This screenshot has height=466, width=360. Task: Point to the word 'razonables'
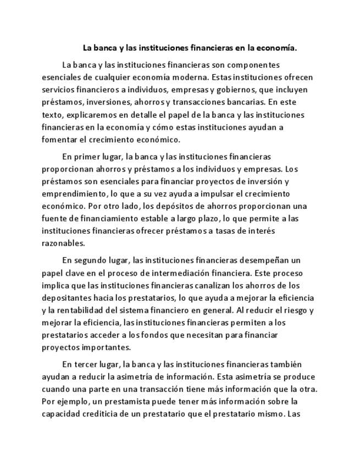point(63,243)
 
